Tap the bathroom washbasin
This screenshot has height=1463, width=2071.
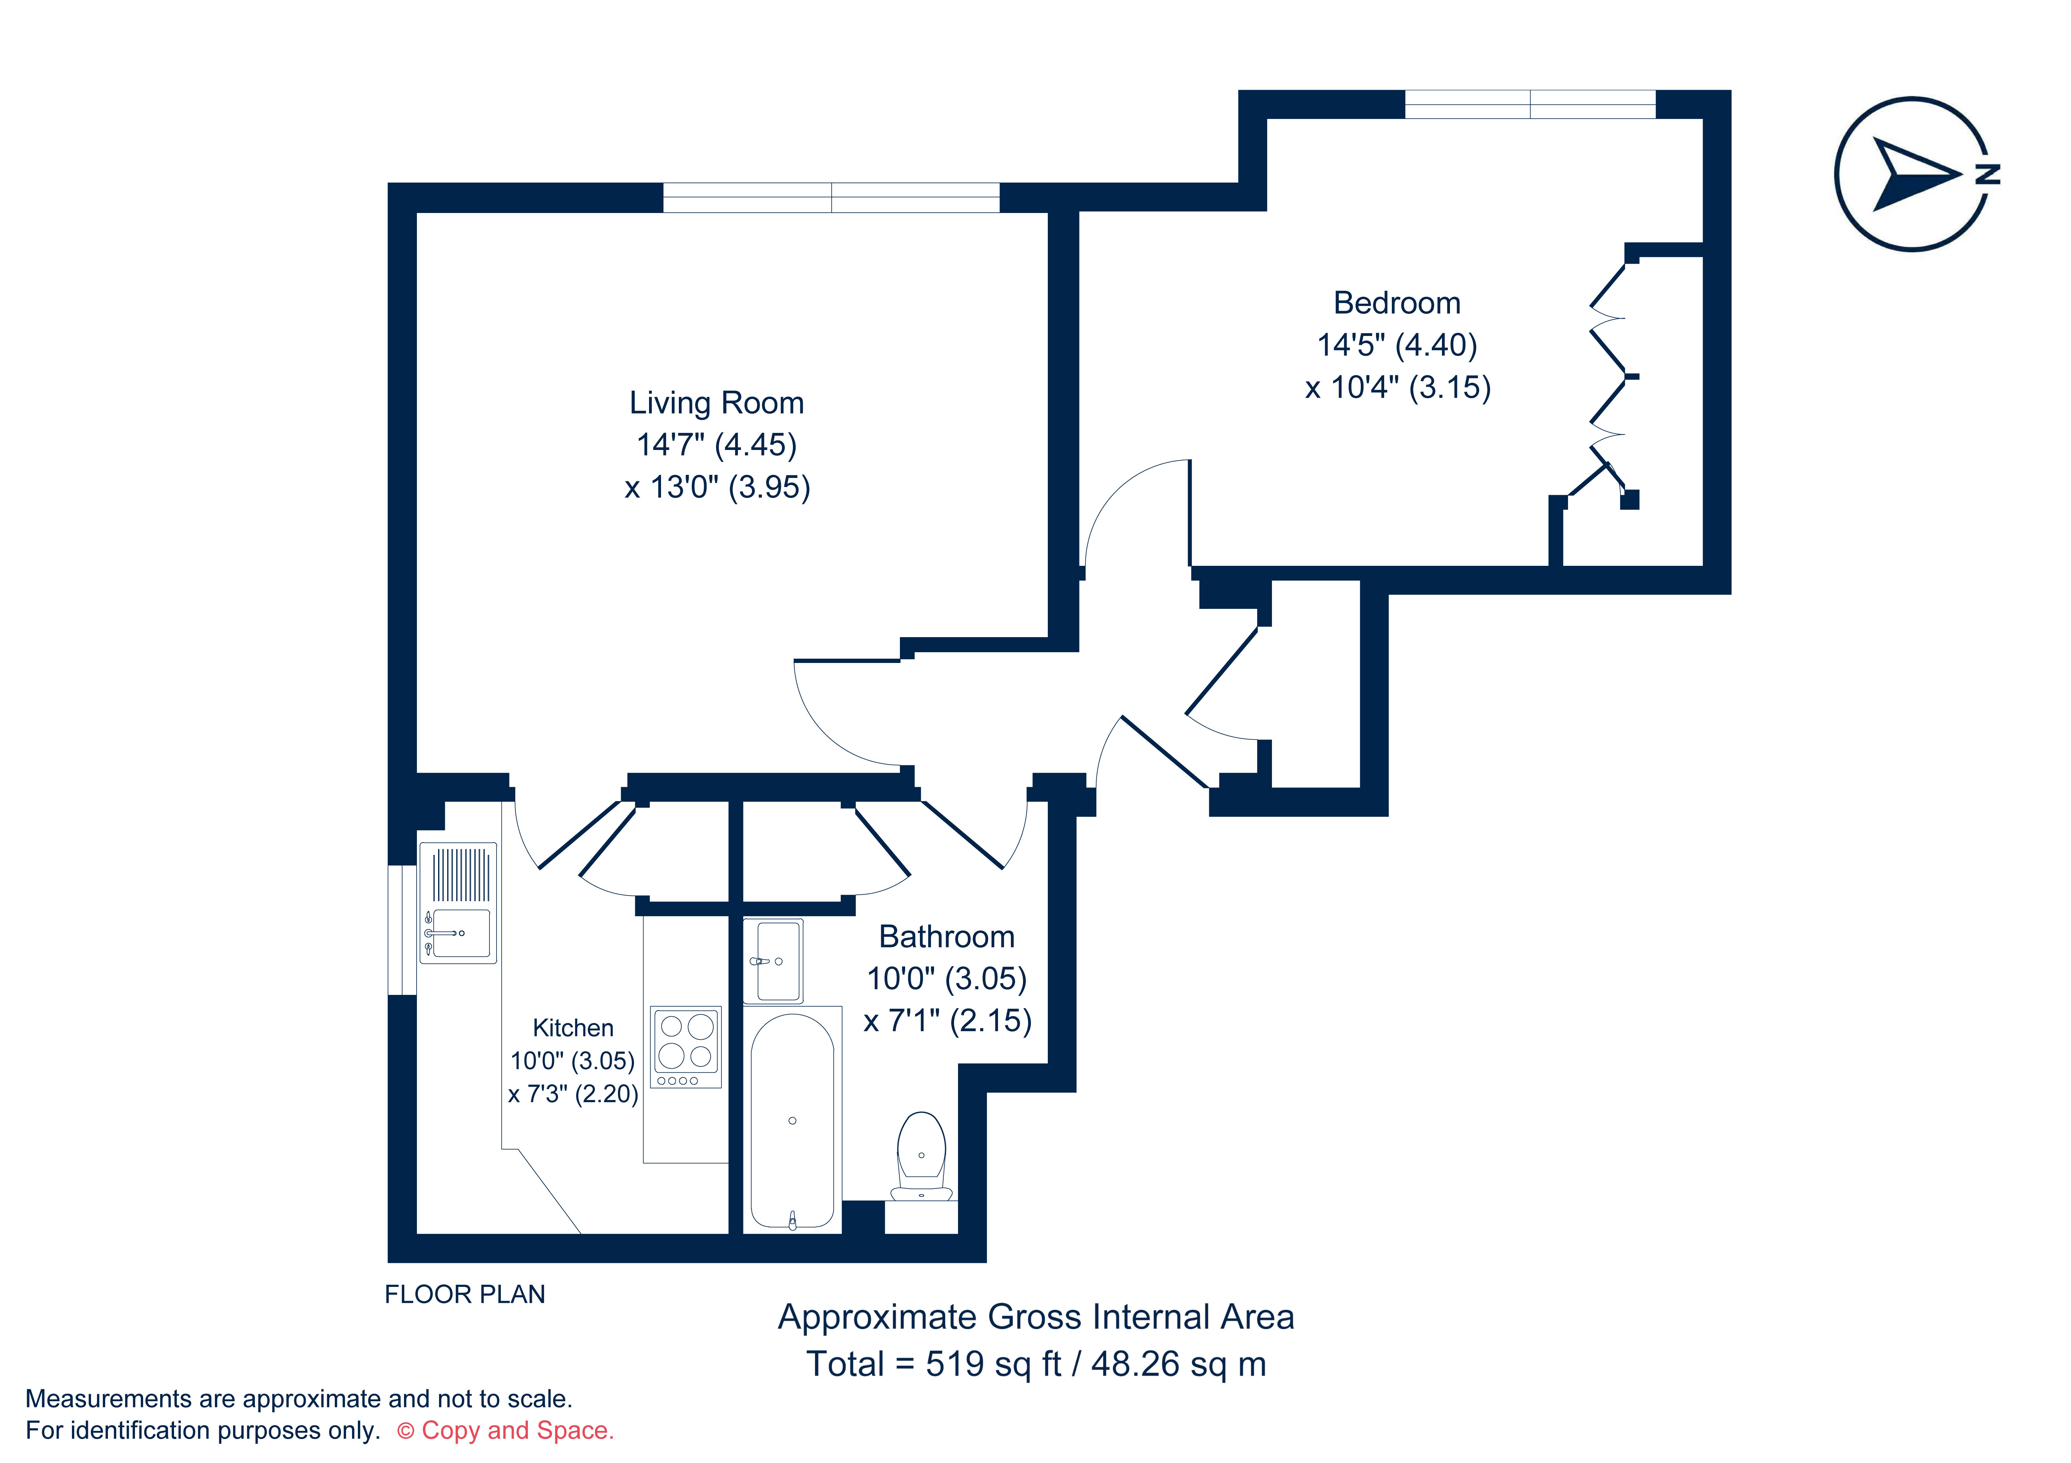[x=773, y=961]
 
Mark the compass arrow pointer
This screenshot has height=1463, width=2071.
[x=1911, y=173]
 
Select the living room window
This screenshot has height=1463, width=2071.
[x=831, y=198]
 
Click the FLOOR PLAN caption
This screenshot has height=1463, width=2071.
[x=465, y=1294]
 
